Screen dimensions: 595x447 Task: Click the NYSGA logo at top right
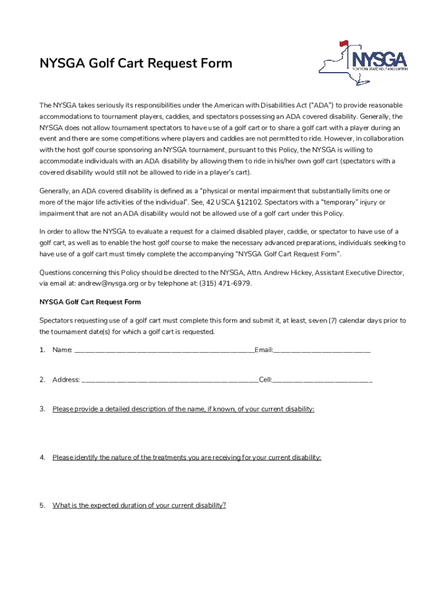point(362,63)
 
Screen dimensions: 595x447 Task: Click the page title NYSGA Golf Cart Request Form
point(135,63)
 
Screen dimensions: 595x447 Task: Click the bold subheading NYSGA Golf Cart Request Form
point(90,302)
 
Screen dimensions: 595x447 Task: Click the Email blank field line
point(322,350)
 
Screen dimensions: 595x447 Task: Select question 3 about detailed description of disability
point(183,409)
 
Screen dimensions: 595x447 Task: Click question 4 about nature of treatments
point(186,457)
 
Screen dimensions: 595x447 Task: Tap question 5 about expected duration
point(139,506)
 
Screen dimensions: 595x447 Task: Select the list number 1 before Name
point(42,350)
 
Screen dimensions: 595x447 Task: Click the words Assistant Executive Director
point(358,273)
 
